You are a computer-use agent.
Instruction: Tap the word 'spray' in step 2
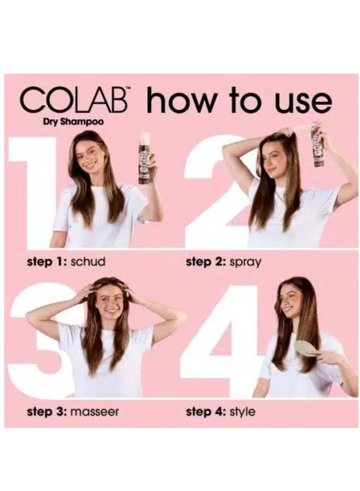point(246,261)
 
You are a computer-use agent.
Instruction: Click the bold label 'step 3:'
point(45,411)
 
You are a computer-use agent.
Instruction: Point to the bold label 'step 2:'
point(205,261)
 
